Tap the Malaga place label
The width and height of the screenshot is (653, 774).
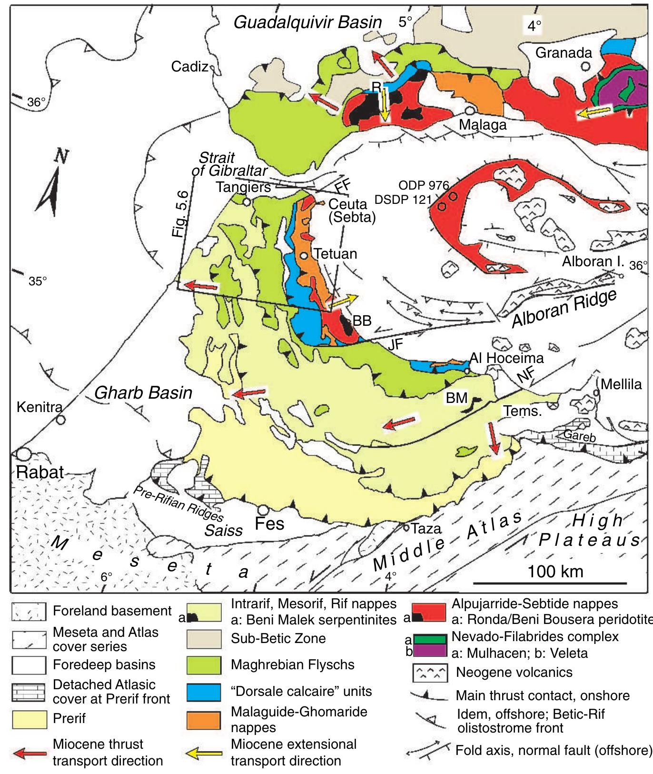[483, 125]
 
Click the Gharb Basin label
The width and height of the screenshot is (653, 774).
[143, 392]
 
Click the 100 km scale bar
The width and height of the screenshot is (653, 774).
[550, 583]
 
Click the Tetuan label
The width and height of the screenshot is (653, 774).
[335, 253]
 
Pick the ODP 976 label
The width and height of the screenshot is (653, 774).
[424, 185]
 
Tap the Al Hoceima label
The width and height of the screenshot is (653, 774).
[506, 357]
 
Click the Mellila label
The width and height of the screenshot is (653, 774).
[622, 384]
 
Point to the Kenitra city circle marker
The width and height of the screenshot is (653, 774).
[60, 420]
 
